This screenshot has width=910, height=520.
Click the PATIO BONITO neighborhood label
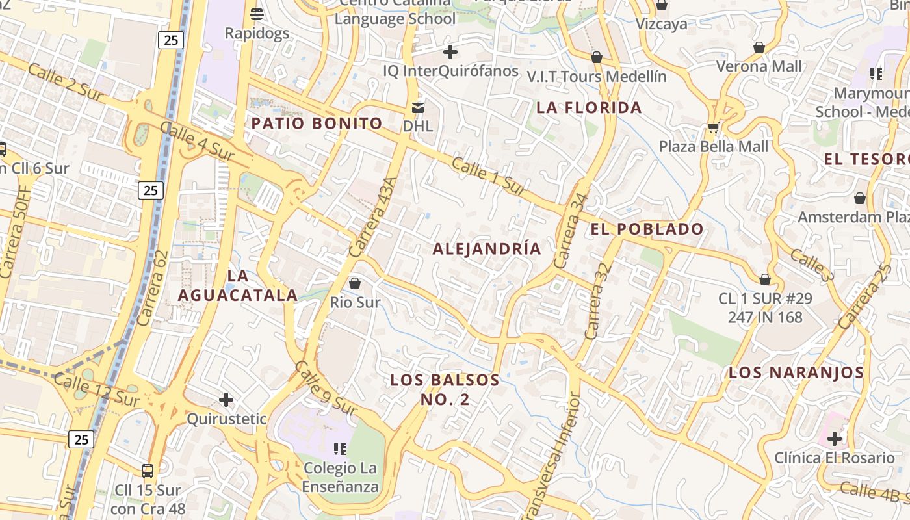317,123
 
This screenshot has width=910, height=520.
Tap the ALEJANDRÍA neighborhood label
487,249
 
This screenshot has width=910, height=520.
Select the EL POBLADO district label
647,229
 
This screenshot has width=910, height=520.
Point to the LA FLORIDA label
589,108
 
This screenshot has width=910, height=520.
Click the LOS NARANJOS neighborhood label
796,373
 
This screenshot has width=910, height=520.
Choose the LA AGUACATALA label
238,285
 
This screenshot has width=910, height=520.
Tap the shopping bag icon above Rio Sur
355,283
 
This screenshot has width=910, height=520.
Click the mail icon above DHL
417,107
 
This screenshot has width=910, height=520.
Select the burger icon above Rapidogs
257,14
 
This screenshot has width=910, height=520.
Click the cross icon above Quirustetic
226,399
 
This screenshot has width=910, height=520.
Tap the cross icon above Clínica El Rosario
835,439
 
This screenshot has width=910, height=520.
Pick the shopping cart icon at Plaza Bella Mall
713,127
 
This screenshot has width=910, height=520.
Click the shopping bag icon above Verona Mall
759,47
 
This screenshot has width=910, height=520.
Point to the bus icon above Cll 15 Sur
148,471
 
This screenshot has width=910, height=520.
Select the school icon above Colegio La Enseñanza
339,448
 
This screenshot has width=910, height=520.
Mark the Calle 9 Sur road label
326,388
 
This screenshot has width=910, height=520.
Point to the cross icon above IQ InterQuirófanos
450,52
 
